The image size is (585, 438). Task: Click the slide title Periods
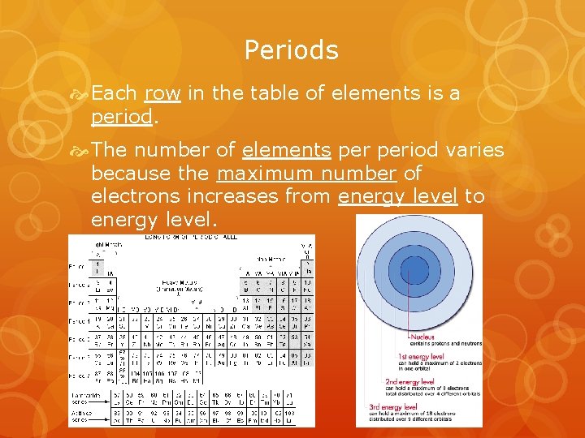coord(292,50)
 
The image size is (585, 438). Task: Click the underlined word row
coord(162,93)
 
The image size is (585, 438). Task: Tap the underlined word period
coord(121,117)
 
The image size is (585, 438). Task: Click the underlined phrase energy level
coord(398,197)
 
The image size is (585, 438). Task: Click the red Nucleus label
coord(422,337)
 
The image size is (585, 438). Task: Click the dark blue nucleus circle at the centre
coord(414,269)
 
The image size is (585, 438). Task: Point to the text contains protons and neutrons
coord(444,344)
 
